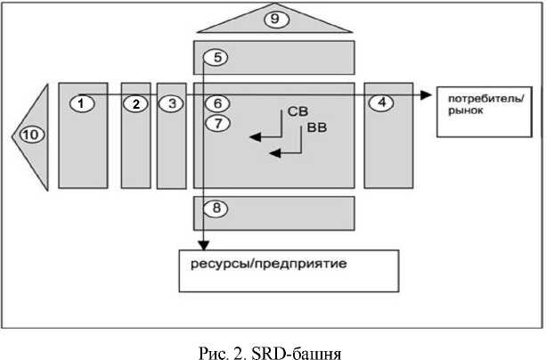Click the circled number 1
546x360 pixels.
[81, 103]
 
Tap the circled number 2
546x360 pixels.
[135, 103]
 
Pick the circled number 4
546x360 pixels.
[381, 102]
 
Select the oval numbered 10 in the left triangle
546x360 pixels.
[31, 135]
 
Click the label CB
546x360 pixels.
[297, 113]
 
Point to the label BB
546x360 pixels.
[316, 129]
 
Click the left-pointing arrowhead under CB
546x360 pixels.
[253, 136]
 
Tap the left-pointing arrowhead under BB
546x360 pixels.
[274, 153]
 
